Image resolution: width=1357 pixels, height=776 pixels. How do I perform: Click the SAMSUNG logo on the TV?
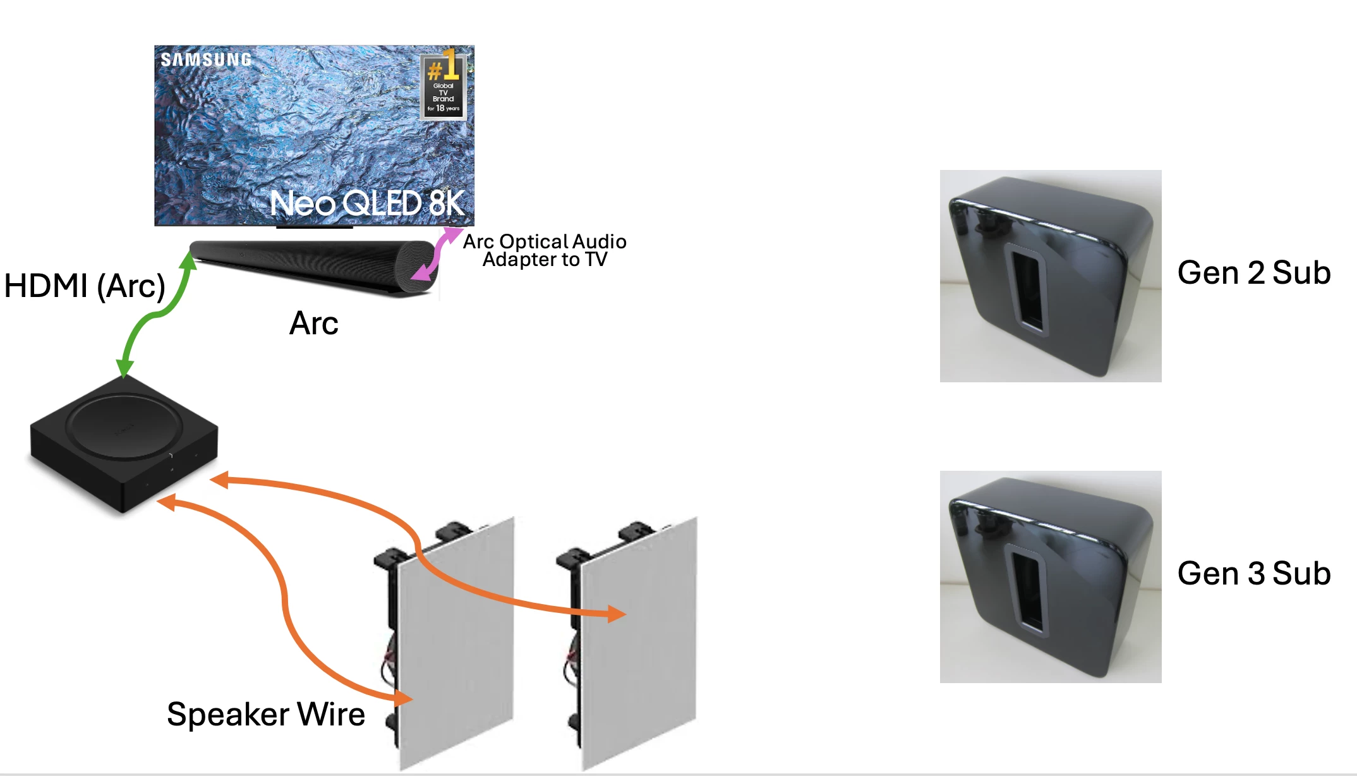coord(206,60)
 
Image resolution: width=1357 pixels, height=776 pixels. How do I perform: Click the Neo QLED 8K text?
coord(367,203)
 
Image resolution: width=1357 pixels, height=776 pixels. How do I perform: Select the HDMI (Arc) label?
coord(85,286)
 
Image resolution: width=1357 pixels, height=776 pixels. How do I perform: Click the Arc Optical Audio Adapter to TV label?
coord(545,250)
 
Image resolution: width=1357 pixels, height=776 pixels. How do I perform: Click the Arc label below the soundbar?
coord(314,324)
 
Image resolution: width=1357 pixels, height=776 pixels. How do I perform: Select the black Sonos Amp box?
coord(123,442)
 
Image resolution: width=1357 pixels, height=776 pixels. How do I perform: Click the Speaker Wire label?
coord(266,715)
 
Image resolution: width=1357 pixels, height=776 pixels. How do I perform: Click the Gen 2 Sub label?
coord(1254,273)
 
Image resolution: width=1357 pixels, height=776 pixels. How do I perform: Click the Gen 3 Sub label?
coord(1254,574)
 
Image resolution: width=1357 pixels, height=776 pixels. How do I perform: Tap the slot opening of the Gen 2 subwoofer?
coord(1028,288)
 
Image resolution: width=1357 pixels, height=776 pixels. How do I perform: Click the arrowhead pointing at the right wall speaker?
coord(615,613)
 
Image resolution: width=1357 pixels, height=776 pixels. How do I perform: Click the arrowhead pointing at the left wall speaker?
coord(402,698)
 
